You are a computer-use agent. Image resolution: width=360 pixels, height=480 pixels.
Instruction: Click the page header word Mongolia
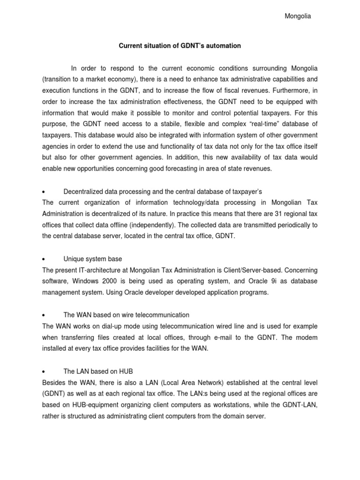298,16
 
